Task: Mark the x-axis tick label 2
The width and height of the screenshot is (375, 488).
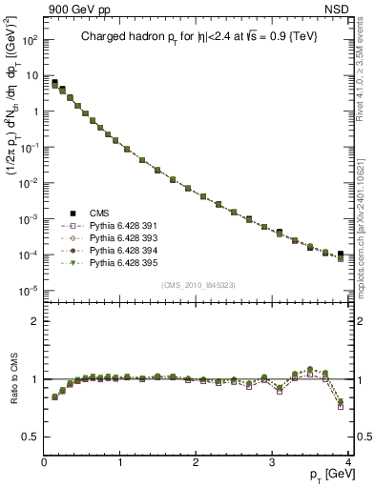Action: click(x=197, y=462)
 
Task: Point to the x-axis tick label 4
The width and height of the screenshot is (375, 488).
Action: click(x=348, y=462)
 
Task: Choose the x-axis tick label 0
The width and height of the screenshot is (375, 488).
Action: click(x=45, y=462)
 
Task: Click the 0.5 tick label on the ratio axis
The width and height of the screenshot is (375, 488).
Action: click(x=30, y=437)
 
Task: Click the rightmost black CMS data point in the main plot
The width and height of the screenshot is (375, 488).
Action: click(x=341, y=254)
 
